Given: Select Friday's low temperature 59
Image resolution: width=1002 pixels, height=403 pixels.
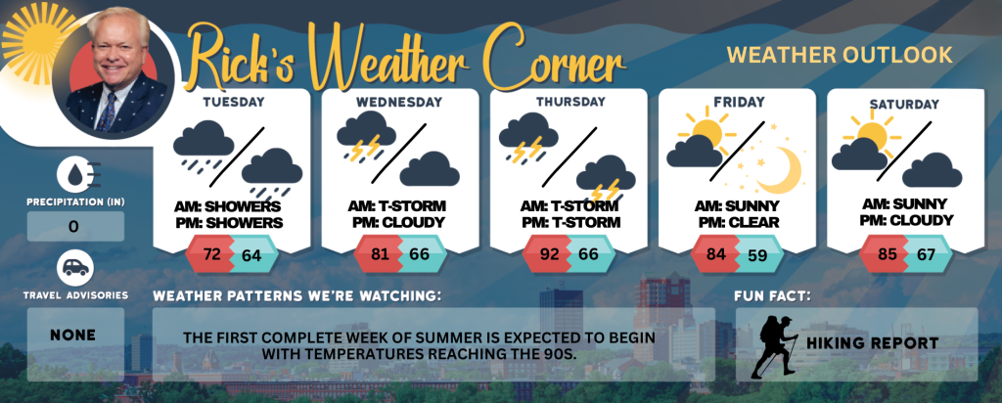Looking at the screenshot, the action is (x=758, y=255).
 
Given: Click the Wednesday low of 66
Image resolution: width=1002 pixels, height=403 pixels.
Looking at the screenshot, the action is (x=420, y=254).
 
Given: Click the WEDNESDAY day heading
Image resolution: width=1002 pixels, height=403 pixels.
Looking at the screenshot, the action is (x=399, y=102).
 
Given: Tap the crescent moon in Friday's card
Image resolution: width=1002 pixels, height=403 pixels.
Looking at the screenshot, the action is (x=781, y=169).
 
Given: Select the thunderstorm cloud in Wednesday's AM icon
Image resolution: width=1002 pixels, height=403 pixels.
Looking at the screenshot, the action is (x=366, y=135).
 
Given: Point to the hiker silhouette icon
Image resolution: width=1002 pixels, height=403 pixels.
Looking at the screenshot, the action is (x=774, y=346).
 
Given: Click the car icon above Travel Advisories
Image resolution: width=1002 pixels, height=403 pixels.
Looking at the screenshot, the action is (x=75, y=268).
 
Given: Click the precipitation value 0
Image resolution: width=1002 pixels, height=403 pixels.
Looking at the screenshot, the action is (x=73, y=227).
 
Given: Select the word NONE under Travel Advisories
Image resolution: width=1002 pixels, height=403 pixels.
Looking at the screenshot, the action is (x=74, y=335).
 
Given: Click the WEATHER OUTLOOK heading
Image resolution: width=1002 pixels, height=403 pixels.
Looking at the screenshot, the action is (x=840, y=55).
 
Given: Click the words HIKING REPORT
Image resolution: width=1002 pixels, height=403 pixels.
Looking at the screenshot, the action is (x=872, y=343).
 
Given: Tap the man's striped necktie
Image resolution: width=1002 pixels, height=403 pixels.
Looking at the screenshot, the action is (x=108, y=111).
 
